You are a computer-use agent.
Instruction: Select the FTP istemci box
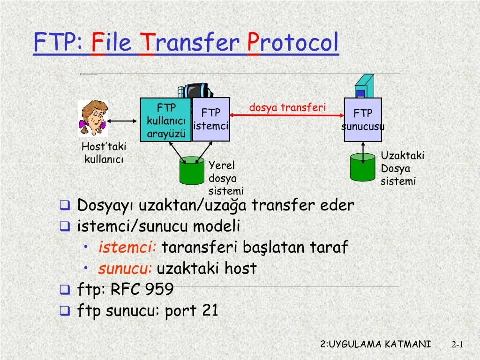[x=211, y=120]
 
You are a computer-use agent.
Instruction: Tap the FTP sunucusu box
[x=363, y=120]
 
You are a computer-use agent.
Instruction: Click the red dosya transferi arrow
[x=287, y=115]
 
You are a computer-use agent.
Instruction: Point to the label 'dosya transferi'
[x=287, y=107]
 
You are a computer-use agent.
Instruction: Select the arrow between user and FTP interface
[x=124, y=121]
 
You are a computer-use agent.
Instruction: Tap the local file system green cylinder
[x=191, y=171]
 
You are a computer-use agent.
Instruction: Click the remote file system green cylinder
[x=363, y=167]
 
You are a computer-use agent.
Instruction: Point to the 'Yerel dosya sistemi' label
[x=226, y=178]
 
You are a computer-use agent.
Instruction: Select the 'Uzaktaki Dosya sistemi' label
[x=402, y=168]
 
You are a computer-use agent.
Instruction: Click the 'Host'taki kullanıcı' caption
[x=104, y=153]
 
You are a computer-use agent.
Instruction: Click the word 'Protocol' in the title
[x=293, y=43]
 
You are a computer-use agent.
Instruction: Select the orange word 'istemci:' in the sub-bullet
[x=127, y=247]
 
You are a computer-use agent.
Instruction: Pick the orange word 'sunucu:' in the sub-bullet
[x=125, y=269]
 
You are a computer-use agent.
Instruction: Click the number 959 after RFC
[x=159, y=289]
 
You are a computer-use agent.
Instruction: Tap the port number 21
[x=210, y=310]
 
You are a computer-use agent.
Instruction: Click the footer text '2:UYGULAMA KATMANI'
[x=375, y=344]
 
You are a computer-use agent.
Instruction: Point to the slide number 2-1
[x=457, y=345]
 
